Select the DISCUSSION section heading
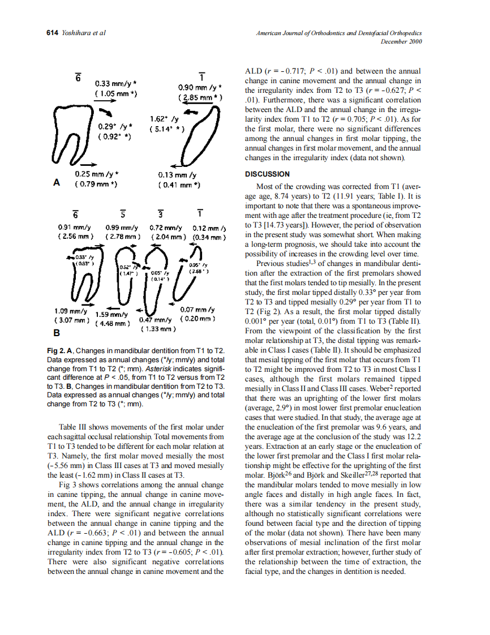click(267, 174)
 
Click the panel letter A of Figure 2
click(56, 183)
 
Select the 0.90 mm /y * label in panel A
click(199, 88)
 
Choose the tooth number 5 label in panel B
click(122, 213)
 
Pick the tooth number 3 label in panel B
click(161, 213)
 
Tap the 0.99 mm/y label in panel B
click(122, 226)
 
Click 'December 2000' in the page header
click(401, 42)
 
